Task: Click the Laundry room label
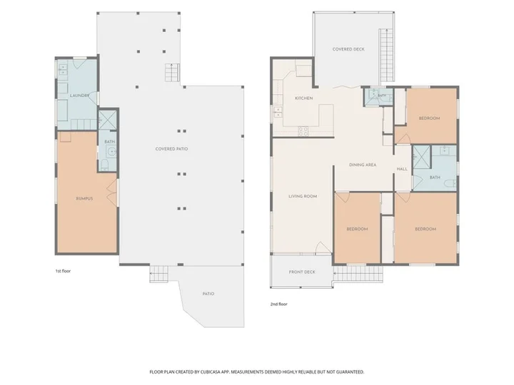80,96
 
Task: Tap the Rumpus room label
84,199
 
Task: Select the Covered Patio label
172,149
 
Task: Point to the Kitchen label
304,98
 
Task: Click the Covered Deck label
348,49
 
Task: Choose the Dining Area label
363,165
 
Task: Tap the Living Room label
303,197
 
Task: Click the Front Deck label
302,272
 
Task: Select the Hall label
402,169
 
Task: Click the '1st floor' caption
63,271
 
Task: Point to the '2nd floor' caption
278,304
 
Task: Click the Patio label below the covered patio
208,294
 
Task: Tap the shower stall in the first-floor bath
108,120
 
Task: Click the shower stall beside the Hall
422,157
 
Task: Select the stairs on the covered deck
386,55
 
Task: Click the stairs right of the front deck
358,273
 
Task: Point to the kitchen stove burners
303,131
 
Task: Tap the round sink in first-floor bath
113,152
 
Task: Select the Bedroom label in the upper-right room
430,118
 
